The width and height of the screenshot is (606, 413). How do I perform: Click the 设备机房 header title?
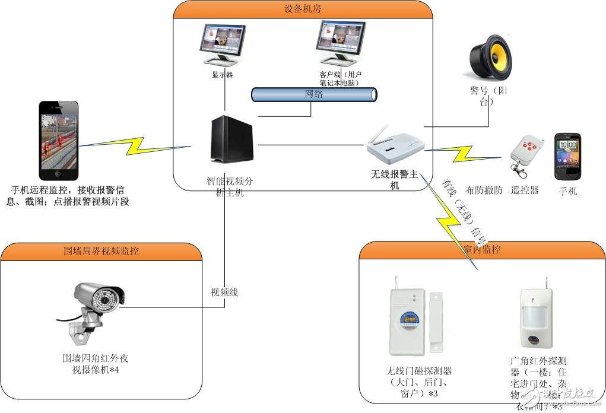point(303,9)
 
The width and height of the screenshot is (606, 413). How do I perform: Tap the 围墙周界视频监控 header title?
point(101,251)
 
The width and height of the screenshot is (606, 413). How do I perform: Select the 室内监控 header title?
point(481,249)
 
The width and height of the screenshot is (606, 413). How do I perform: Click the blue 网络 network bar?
point(314,94)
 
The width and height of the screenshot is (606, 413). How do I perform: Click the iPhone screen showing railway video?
point(59,140)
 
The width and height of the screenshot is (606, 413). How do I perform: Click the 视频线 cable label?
point(224,292)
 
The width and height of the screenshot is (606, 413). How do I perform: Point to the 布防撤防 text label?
point(484,190)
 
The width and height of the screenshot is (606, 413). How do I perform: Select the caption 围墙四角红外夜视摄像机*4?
point(96,364)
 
